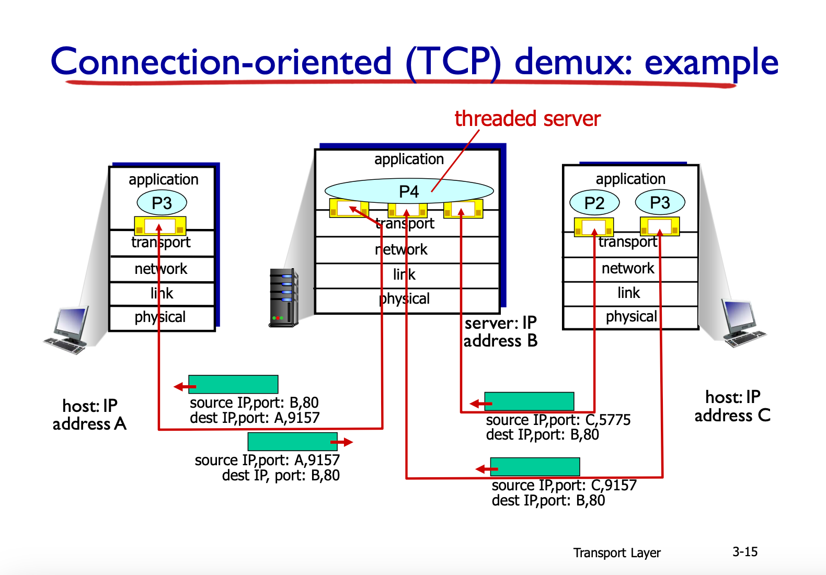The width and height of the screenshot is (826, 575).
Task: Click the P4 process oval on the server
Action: click(x=409, y=191)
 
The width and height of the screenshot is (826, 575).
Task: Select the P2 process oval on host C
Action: click(x=594, y=202)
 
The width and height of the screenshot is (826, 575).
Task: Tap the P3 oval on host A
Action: click(x=162, y=202)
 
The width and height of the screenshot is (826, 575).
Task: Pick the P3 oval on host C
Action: click(x=660, y=202)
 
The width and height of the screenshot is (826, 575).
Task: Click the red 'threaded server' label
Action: click(x=527, y=119)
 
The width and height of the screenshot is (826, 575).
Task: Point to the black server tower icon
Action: click(x=283, y=297)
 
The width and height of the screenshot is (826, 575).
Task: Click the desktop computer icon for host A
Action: click(x=66, y=330)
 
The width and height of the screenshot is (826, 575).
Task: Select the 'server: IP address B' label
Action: click(x=500, y=332)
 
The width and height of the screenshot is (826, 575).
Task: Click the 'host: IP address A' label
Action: click(x=89, y=415)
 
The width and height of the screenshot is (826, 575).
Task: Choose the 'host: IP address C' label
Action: click(x=733, y=407)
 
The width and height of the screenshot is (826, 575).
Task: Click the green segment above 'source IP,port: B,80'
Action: click(x=233, y=384)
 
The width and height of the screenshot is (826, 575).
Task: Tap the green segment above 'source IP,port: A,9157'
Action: click(x=293, y=442)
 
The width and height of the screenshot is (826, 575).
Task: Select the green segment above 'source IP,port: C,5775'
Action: click(x=529, y=401)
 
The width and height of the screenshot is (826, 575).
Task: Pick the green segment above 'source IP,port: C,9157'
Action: click(x=535, y=467)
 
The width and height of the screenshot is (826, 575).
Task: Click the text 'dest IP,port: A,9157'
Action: click(x=255, y=418)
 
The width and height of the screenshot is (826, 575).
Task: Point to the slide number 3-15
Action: click(x=745, y=552)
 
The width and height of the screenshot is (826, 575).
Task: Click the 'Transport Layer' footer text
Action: click(x=617, y=553)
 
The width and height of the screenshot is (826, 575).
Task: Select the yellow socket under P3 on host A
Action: click(x=160, y=226)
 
